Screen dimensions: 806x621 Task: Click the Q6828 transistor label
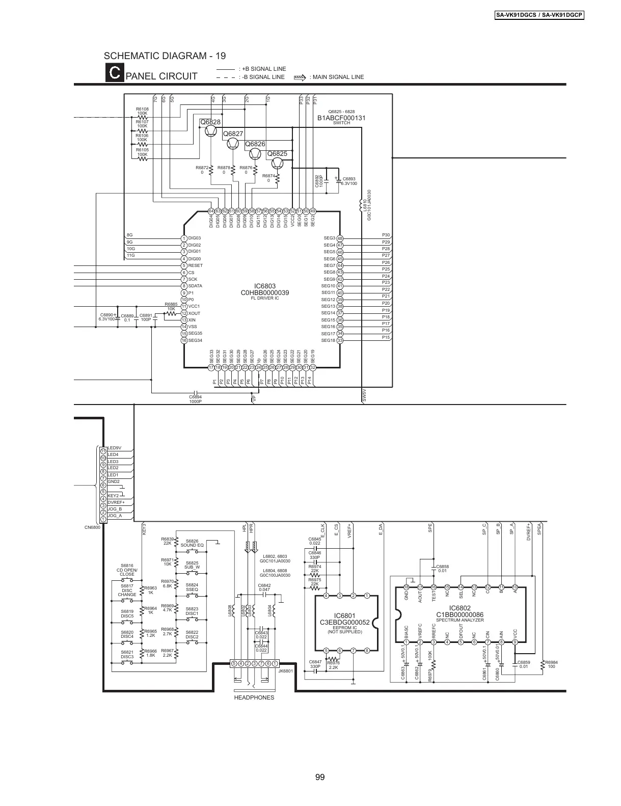210,122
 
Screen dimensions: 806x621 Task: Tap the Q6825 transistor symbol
277,163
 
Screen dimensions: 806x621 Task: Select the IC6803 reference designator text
265,286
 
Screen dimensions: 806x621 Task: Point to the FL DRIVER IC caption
265,298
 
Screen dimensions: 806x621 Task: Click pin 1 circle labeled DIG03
184,238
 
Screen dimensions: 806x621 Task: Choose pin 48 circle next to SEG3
340,238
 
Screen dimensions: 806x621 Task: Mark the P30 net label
386,235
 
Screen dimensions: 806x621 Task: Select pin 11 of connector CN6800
103,451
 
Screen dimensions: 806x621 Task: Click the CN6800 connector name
92,527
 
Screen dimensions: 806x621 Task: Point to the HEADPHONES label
254,697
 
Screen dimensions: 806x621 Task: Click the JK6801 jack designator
286,671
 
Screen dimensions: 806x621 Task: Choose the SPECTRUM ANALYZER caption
460,620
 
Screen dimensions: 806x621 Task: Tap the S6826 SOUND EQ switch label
192,543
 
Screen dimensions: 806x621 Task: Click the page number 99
320,777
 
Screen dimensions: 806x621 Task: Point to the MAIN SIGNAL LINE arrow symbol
300,77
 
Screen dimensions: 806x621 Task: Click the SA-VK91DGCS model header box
539,15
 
